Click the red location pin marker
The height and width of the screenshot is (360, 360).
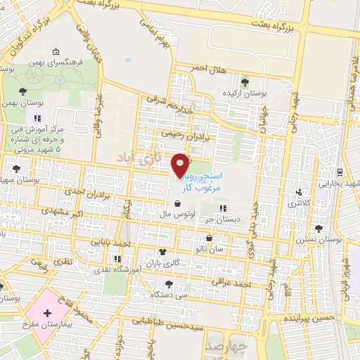coord(181,164)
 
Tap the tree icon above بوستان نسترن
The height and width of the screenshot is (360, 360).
coord(319,229)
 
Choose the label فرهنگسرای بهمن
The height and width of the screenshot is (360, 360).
coord(57,63)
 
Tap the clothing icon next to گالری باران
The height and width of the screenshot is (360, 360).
coord(164,252)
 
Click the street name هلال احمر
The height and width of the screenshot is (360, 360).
coord(211,69)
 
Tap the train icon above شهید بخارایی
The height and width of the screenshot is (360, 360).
coord(340,171)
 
